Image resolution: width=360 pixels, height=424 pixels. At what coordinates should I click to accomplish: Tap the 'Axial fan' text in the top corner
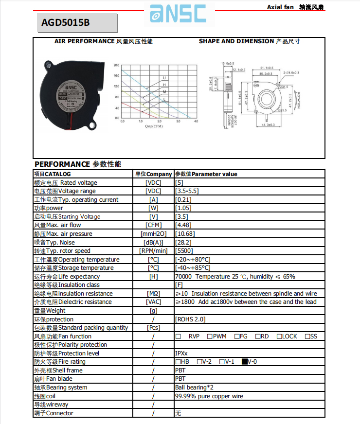[x=280, y=7]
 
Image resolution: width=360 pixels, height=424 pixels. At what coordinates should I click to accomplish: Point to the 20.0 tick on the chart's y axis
[x=116, y=65]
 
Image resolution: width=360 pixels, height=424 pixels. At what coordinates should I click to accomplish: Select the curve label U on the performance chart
[x=164, y=78]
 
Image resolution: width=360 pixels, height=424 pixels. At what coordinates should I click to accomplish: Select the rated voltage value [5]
[x=180, y=183]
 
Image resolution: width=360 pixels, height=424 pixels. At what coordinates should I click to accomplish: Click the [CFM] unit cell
[x=153, y=225]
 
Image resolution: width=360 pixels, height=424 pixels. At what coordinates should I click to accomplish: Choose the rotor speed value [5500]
[x=184, y=251]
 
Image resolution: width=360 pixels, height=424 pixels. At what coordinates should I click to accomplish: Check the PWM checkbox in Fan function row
[x=209, y=336]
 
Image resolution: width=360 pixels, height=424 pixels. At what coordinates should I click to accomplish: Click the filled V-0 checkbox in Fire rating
[x=245, y=362]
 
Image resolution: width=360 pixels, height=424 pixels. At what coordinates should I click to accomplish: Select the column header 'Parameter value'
[x=214, y=174]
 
